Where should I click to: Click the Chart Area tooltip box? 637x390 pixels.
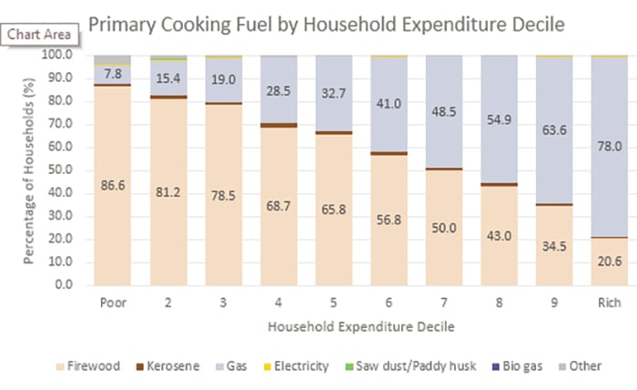click(38, 35)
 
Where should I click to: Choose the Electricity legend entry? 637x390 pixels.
click(291, 366)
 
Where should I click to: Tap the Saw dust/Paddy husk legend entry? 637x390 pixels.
click(404, 366)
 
